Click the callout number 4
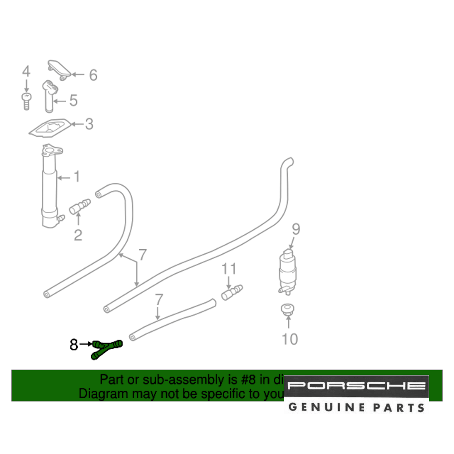pos(26,72)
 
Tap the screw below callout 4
pos(26,100)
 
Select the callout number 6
pos(93,75)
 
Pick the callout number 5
pos(73,100)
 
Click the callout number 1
pos(76,177)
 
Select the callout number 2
pos(78,235)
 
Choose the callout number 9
pos(296,229)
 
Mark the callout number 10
pos(290,339)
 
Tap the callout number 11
pos(229,269)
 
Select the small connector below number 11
pos(232,292)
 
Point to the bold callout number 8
pos(74,345)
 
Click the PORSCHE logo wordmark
pos(356,386)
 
